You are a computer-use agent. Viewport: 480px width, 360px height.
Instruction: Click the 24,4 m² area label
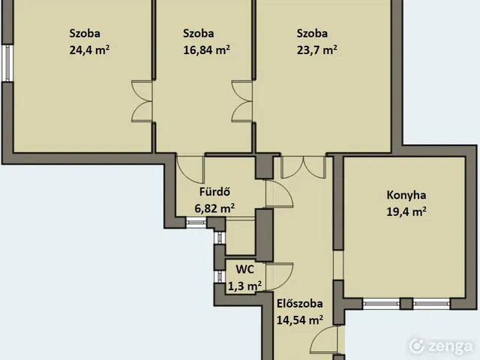89,49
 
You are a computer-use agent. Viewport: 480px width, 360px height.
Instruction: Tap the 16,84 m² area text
207,49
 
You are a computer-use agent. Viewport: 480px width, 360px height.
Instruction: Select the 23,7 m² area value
316,49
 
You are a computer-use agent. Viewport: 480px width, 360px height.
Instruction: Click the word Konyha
406,195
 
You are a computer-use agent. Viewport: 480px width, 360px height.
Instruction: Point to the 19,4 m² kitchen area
406,211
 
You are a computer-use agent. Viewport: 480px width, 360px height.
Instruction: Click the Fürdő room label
214,192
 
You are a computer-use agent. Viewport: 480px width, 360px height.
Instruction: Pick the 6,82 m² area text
214,208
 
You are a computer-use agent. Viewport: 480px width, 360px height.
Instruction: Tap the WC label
245,269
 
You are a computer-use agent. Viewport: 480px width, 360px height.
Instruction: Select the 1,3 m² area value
244,286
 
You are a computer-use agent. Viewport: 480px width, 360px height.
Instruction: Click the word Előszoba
300,304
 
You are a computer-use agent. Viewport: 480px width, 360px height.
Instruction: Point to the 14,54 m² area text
300,320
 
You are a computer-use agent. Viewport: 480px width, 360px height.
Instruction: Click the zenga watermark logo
440,346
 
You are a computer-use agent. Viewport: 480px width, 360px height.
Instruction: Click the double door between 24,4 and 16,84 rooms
142,101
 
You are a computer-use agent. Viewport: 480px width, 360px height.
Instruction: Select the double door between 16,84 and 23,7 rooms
242,101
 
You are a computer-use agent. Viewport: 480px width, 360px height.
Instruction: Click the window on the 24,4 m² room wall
7,63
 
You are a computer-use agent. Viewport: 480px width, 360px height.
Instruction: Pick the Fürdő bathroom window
196,222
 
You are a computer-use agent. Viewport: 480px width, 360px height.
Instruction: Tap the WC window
220,277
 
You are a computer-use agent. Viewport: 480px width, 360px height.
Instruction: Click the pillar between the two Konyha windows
406,304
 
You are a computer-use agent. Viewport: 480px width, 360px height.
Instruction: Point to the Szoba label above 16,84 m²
198,33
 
